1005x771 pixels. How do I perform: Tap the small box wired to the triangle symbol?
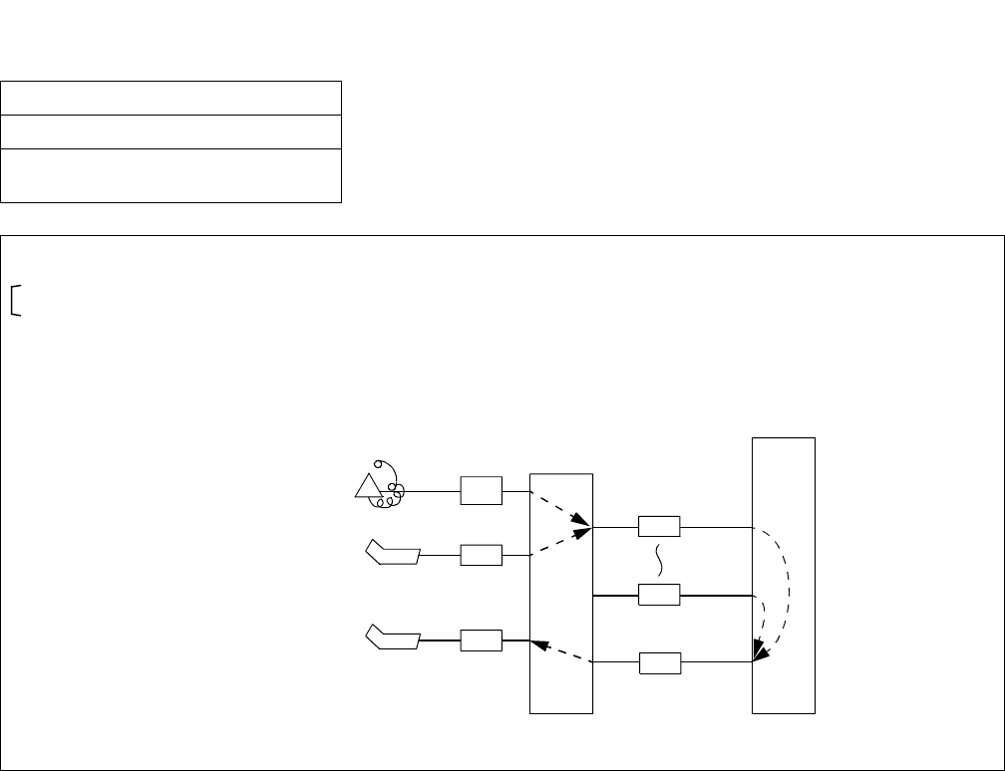tap(481, 490)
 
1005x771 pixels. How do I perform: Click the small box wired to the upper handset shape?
tap(481, 555)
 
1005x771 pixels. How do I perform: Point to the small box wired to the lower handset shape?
tap(481, 640)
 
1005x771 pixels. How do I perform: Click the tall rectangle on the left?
tap(561, 593)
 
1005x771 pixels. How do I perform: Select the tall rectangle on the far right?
tap(784, 575)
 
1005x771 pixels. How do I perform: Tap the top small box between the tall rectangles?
tap(658, 527)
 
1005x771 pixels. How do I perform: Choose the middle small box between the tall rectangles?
tap(658, 595)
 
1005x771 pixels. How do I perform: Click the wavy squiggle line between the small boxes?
tap(658, 561)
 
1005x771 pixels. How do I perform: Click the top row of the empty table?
tap(171, 99)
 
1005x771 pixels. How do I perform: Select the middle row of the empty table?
tap(171, 131)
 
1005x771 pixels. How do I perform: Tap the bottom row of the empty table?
tap(171, 175)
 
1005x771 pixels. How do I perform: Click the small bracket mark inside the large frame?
tap(16, 299)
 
